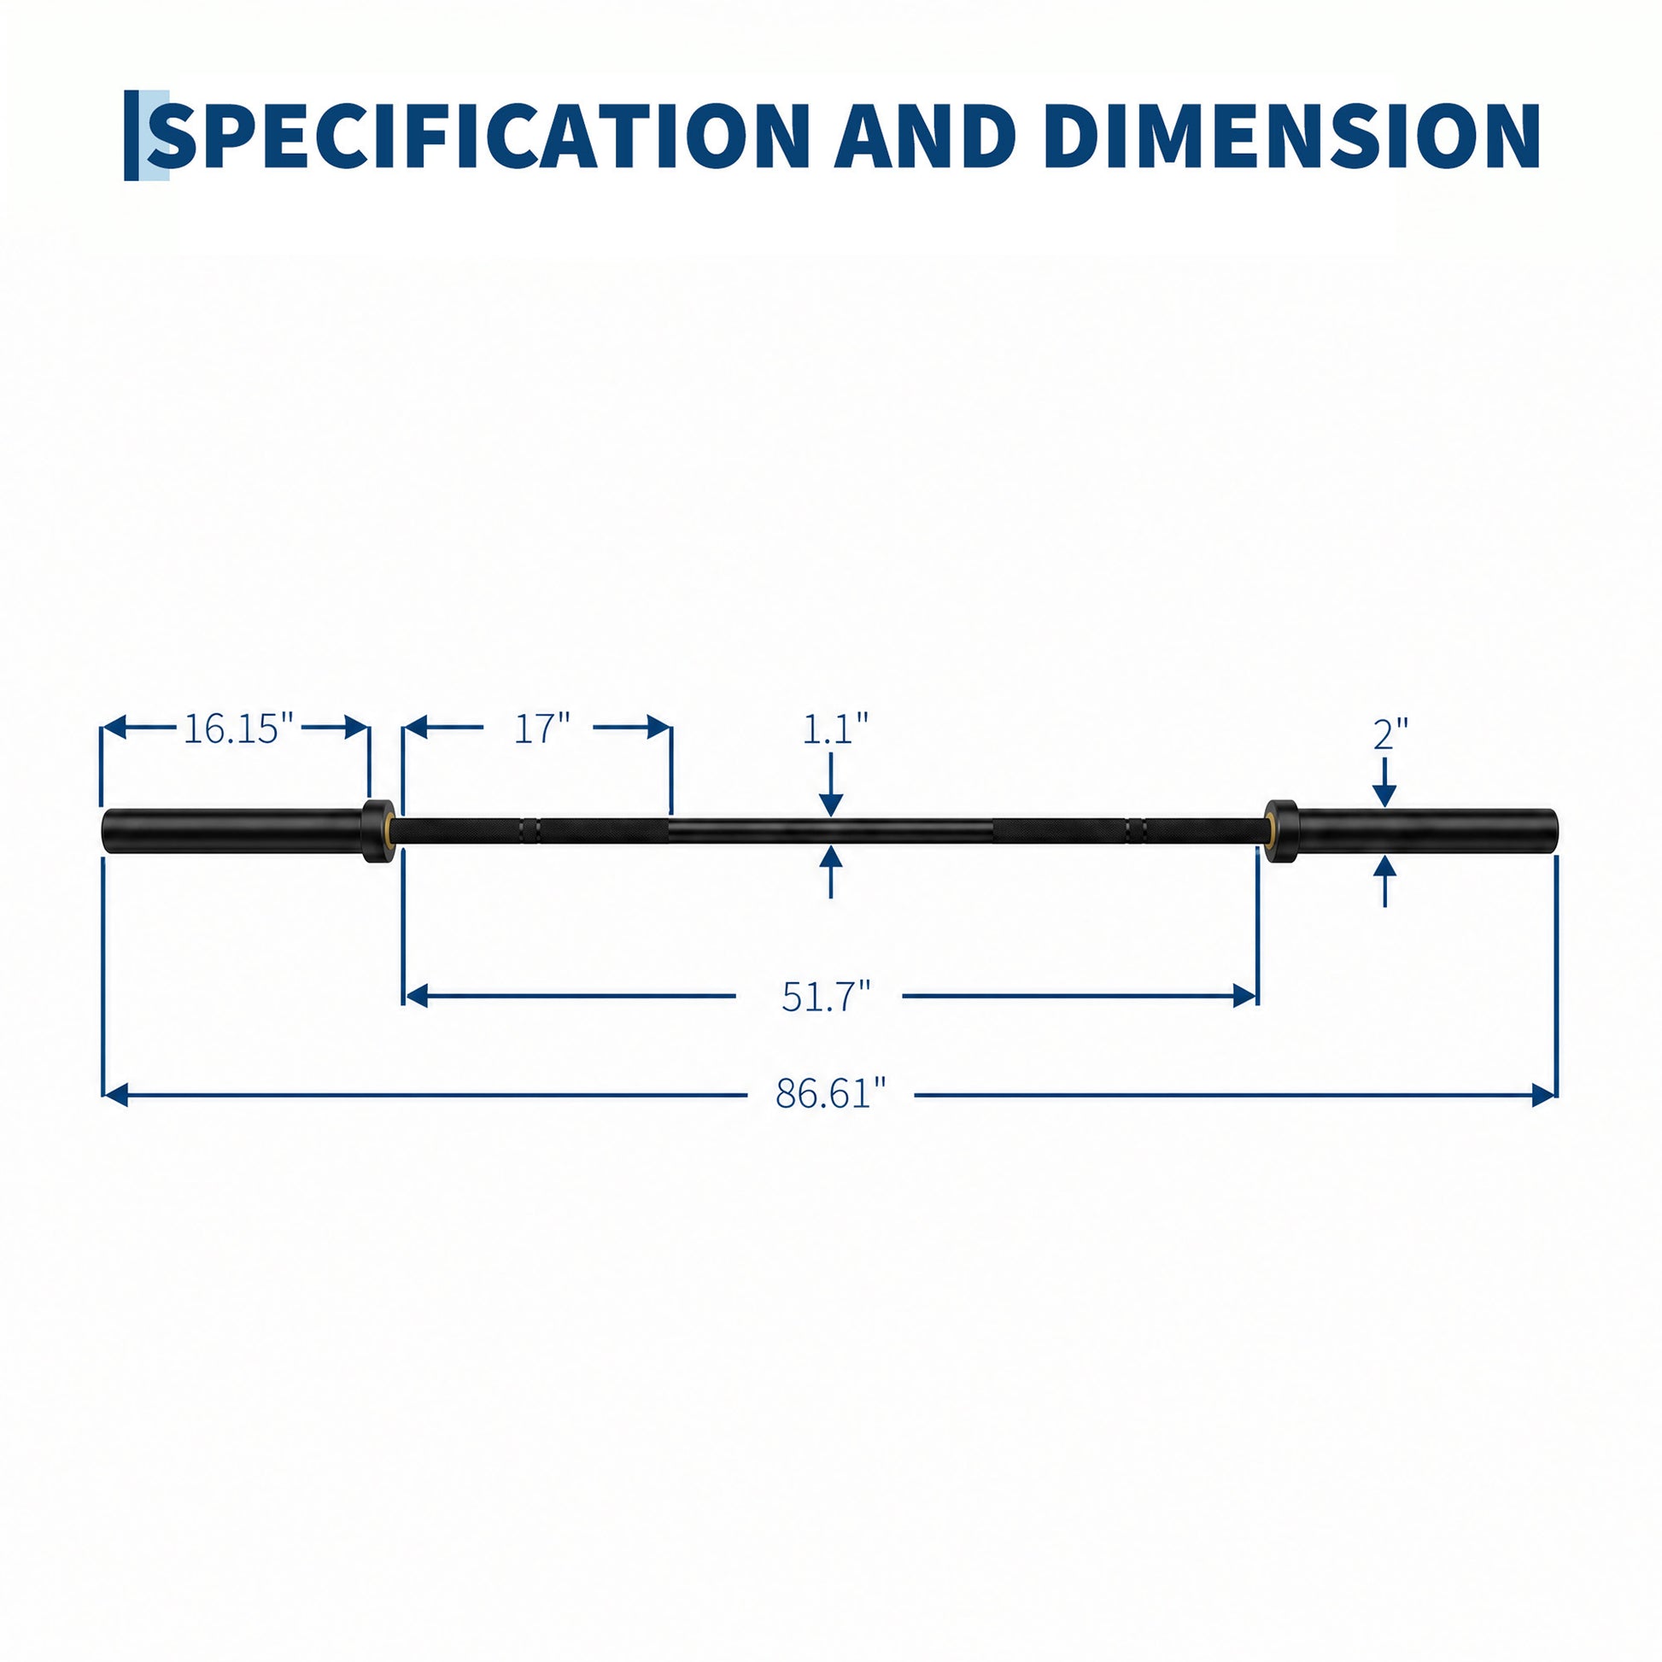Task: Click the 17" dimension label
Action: pos(542,729)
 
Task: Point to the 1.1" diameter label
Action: pos(835,729)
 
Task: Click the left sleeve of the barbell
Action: pos(232,831)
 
